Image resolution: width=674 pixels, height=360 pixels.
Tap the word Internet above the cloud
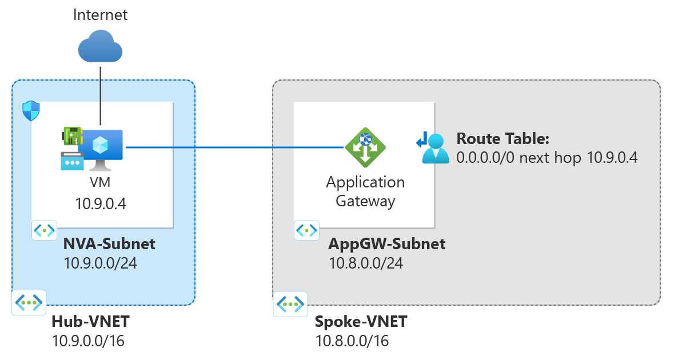point(100,15)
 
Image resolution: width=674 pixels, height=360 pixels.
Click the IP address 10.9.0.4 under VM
point(101,203)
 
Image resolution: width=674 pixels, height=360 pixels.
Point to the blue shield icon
point(30,111)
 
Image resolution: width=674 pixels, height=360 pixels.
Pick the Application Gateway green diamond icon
point(365,147)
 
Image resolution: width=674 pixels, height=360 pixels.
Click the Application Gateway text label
point(365,191)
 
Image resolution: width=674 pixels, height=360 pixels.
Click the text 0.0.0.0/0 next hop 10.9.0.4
point(547,158)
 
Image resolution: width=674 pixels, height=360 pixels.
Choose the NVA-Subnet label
point(109,245)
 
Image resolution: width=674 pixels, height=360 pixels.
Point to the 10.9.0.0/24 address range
point(101,263)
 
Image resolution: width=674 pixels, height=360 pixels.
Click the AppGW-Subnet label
point(386,245)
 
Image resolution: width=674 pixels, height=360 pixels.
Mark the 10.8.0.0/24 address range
point(365,263)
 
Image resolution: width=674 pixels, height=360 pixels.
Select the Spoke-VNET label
point(361,322)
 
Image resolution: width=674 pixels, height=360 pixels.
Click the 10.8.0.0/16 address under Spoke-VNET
point(352,341)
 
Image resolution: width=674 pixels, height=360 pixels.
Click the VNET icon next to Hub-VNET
point(29,303)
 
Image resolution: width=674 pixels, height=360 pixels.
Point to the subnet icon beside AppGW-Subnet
point(307,231)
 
